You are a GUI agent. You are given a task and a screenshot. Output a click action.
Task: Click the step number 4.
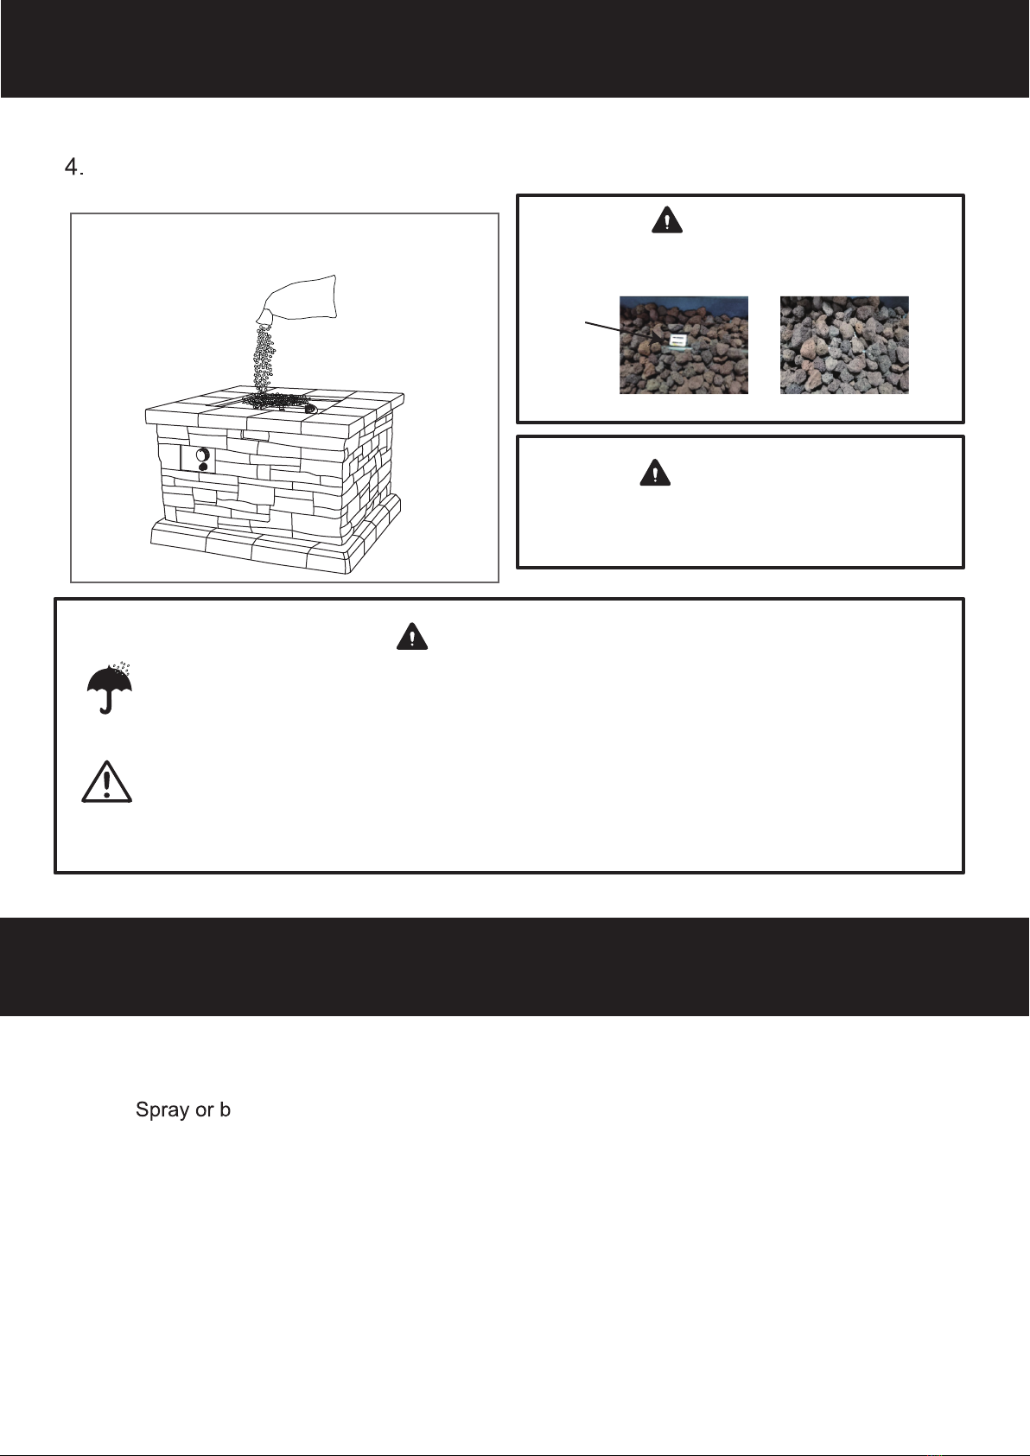click(x=73, y=168)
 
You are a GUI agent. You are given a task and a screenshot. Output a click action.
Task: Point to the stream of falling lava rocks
click(x=264, y=359)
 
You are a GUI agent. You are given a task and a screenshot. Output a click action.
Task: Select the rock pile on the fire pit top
click(x=278, y=402)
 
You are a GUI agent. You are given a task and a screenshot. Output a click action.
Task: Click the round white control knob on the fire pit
click(x=202, y=455)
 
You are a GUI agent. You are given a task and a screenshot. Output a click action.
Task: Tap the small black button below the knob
click(x=203, y=466)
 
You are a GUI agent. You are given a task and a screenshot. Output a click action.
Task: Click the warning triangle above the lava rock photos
click(x=667, y=220)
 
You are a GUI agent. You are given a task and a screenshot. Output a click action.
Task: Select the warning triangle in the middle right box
click(x=654, y=473)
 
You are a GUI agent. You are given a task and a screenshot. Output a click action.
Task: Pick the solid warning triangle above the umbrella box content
click(x=412, y=636)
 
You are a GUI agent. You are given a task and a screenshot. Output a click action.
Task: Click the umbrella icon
click(x=109, y=688)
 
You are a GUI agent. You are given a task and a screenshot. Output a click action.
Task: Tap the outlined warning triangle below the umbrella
click(x=106, y=782)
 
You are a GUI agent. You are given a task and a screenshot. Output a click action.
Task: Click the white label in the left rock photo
click(x=678, y=340)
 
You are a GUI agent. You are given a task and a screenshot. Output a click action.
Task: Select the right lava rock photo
click(x=844, y=345)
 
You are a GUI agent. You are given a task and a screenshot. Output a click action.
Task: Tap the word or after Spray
click(x=204, y=1110)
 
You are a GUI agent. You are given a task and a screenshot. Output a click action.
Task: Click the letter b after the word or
click(x=225, y=1109)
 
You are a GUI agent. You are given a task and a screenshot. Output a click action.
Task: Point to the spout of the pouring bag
click(x=264, y=317)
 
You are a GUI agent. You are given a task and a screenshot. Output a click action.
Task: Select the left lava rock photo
click(x=683, y=345)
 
